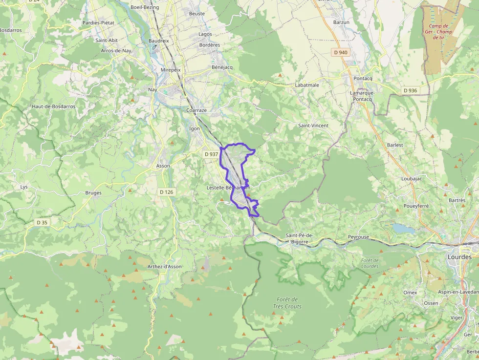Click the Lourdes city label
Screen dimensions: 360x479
tap(459, 257)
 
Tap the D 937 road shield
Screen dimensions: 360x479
tap(211, 154)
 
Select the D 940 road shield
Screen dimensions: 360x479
tap(341, 52)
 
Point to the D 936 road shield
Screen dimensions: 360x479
tap(410, 90)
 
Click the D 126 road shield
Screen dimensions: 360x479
tap(166, 192)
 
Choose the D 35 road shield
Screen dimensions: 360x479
tap(42, 222)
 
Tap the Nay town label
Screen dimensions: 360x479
tap(152, 90)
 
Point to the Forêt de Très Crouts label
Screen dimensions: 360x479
tap(287, 303)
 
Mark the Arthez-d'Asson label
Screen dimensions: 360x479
tap(164, 267)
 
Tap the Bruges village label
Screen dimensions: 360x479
tap(93, 193)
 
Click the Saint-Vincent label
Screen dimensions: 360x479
tap(313, 126)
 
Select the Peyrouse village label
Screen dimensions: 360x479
tap(358, 237)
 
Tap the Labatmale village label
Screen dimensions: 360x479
tap(307, 85)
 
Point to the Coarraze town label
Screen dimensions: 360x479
tap(196, 110)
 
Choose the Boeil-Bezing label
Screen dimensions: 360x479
tap(145, 7)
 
